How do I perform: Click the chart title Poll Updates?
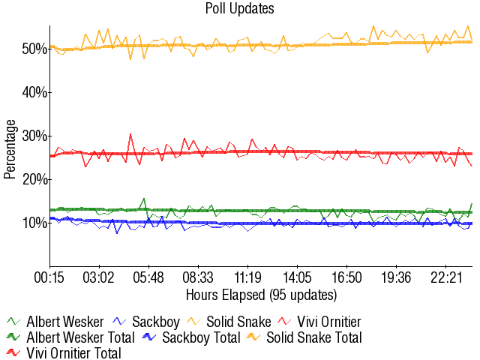pyautogui.click(x=239, y=9)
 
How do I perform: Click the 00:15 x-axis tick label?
pyautogui.click(x=50, y=277)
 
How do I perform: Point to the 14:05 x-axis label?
pyautogui.click(x=298, y=277)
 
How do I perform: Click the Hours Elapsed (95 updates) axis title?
pyautogui.click(x=261, y=294)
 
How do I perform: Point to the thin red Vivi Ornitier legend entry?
pyautogui.click(x=330, y=322)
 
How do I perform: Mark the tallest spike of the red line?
pyautogui.click(x=130, y=134)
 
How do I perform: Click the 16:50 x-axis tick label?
pyautogui.click(x=347, y=277)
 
